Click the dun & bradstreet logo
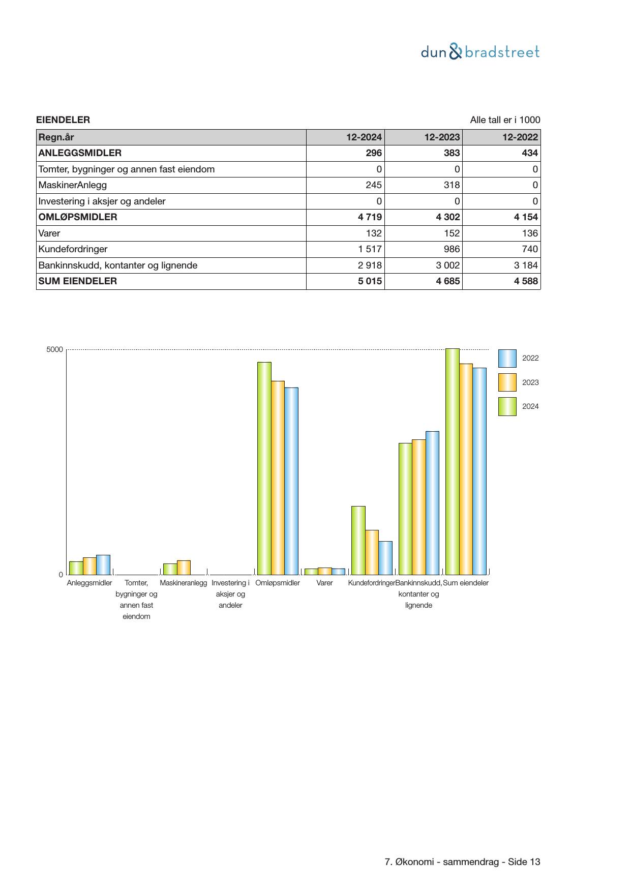click(480, 52)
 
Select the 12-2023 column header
click(442, 137)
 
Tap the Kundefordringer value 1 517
click(370, 249)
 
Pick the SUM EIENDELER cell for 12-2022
click(525, 281)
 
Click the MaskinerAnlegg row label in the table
click(73, 185)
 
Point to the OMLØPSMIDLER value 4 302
click(447, 217)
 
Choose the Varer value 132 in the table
click(374, 233)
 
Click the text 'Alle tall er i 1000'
click(505, 120)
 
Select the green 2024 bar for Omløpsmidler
click(264, 468)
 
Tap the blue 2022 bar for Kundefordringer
click(385, 558)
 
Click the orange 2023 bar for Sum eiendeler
click(466, 469)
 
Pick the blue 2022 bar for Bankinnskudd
click(432, 502)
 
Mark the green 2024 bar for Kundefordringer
click(358, 540)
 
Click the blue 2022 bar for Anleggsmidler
click(103, 564)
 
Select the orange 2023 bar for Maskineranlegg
click(184, 568)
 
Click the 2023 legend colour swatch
click(507, 382)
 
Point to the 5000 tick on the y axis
click(54, 350)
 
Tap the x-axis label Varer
click(324, 583)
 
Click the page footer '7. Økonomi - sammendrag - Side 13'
click(462, 862)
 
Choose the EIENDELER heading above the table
click(63, 120)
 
